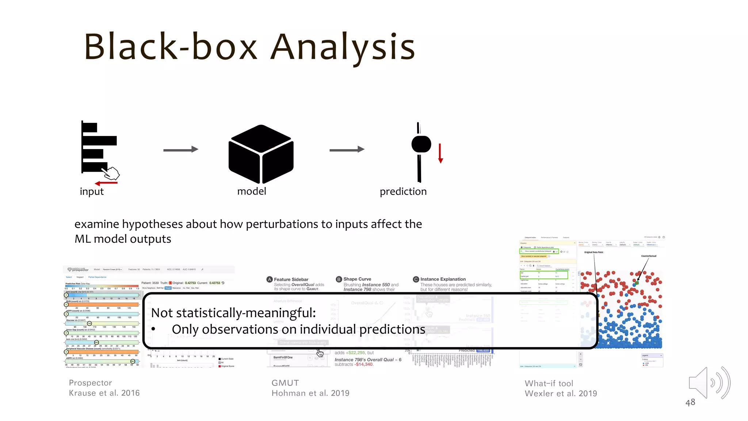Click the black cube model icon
click(x=261, y=154)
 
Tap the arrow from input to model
click(x=180, y=149)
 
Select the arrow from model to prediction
click(x=347, y=149)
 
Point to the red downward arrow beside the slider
click(x=440, y=153)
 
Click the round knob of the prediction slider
click(x=421, y=144)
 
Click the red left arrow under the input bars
click(x=106, y=183)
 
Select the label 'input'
click(x=92, y=191)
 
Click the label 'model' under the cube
click(x=252, y=191)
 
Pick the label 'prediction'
click(x=403, y=191)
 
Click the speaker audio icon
click(x=709, y=383)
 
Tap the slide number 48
click(x=690, y=402)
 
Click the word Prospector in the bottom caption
click(x=90, y=383)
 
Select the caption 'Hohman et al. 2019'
click(x=310, y=393)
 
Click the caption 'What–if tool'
click(x=549, y=383)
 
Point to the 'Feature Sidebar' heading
click(x=291, y=280)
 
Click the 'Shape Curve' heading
click(x=357, y=279)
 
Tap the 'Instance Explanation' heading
click(x=443, y=279)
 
